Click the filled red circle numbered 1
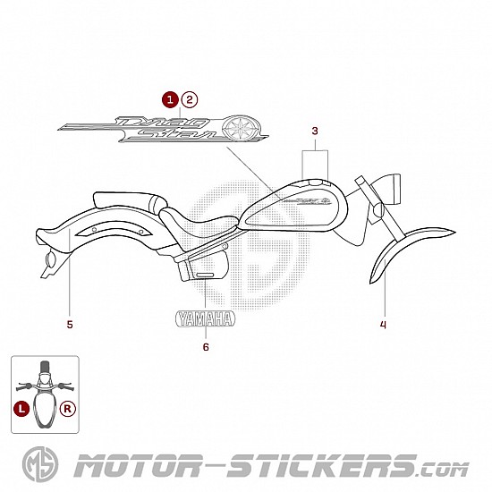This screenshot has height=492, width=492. coord(170,100)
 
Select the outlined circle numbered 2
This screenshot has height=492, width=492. coord(190,100)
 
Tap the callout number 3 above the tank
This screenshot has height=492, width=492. coord(315,131)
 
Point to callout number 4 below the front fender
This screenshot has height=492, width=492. coord(383,325)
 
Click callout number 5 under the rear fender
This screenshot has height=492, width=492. coord(70,325)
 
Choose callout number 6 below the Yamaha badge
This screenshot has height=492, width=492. coord(206,347)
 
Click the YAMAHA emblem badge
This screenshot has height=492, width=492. coord(205,318)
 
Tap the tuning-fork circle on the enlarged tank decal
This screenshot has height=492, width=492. coord(241,128)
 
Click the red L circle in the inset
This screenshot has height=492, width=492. coord(21,409)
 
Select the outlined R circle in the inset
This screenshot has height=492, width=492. coord(68,409)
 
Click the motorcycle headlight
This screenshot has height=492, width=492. coord(386,190)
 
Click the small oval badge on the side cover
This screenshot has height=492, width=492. coord(205,275)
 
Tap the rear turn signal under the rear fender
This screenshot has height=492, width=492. coord(50,259)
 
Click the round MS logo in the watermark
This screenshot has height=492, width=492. coord(40,463)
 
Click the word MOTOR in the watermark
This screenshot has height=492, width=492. coord(138,466)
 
